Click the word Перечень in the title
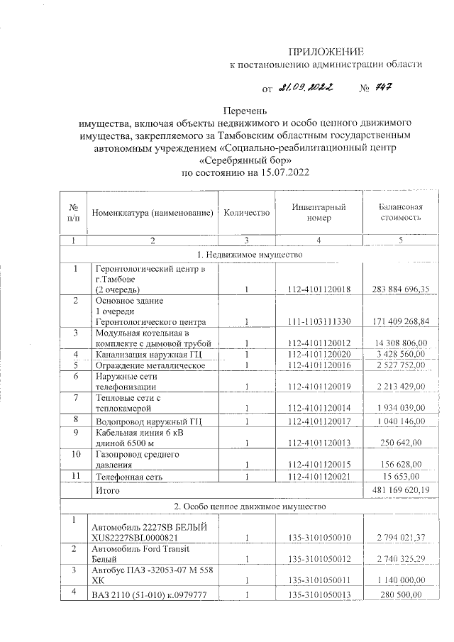coord(246,111)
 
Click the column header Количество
coord(247,213)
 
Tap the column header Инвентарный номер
coord(319,213)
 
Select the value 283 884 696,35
coord(401,289)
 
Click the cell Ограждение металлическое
coord(150,365)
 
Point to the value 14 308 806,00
coord(401,343)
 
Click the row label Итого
coord(107,490)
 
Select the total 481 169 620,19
coord(401,490)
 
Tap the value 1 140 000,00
coord(401,580)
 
